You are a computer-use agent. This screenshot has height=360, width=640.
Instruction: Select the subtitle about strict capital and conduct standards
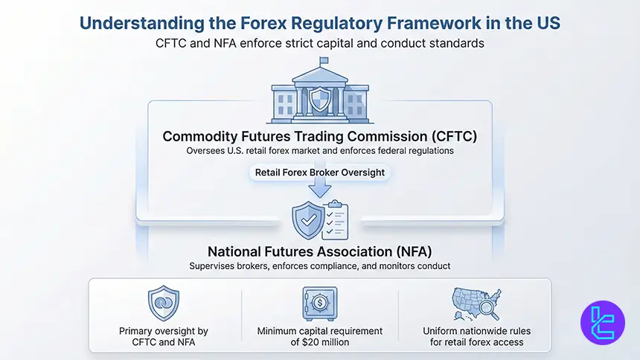(x=319, y=43)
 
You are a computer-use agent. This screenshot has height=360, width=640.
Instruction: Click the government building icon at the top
(x=319, y=93)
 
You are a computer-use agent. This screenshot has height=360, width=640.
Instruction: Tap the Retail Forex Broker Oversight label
(x=319, y=173)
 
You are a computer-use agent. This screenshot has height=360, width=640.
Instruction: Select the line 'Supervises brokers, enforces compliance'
(x=319, y=266)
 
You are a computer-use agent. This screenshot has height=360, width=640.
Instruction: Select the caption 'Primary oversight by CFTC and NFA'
(x=163, y=336)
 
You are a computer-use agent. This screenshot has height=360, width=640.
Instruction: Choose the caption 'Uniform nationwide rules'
(x=476, y=331)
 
